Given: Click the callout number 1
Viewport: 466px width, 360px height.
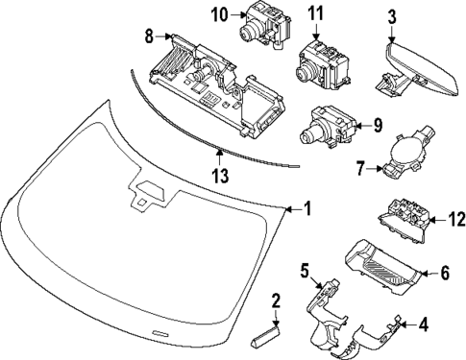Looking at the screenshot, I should click(308, 207).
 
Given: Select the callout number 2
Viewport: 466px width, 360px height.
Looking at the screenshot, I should click(276, 301).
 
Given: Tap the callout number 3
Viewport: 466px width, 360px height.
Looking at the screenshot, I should click(391, 16).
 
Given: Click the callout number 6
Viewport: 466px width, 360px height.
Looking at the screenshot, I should click(445, 274).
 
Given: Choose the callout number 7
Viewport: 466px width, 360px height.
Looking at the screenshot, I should click(360, 169).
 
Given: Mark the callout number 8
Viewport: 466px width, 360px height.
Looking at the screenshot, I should click(149, 37).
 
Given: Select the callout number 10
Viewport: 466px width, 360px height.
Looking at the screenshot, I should click(220, 14).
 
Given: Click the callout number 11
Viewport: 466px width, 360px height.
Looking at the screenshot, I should click(316, 14).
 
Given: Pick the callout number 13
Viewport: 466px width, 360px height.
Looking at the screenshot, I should click(220, 175).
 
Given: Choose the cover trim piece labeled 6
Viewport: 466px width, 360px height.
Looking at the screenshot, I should click(385, 262).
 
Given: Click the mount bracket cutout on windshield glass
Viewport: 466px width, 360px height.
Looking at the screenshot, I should click(149, 192).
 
